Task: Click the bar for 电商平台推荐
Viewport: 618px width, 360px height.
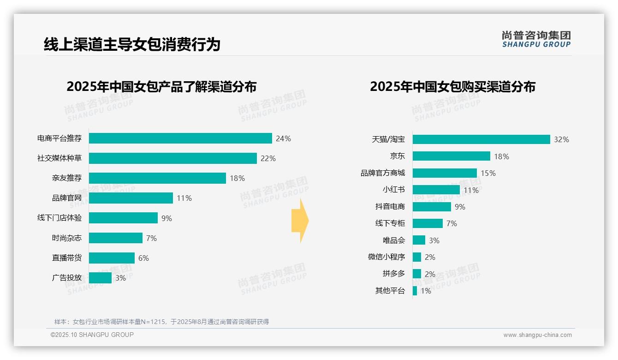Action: click(x=180, y=138)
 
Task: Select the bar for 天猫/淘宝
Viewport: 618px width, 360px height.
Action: click(x=481, y=139)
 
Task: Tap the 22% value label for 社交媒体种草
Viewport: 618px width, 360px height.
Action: click(x=268, y=158)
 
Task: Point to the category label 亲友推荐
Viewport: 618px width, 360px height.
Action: click(x=67, y=178)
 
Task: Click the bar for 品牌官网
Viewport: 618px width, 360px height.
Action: click(x=131, y=198)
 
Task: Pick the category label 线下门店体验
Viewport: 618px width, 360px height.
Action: click(x=59, y=218)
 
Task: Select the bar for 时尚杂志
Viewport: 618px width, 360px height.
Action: click(x=116, y=238)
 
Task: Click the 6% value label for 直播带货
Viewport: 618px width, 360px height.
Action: click(x=143, y=258)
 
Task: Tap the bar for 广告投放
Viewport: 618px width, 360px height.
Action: click(x=100, y=278)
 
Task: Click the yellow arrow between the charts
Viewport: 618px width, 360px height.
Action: click(x=300, y=221)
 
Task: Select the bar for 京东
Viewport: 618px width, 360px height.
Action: click(x=451, y=156)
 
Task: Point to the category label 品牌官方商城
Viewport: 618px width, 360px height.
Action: click(x=383, y=173)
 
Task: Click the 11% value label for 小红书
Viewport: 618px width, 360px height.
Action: click(x=471, y=190)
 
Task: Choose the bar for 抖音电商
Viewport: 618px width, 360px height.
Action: click(x=432, y=207)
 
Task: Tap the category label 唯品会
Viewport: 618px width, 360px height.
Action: click(x=394, y=240)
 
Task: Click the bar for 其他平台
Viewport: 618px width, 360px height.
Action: click(x=415, y=291)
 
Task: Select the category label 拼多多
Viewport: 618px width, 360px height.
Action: click(x=394, y=274)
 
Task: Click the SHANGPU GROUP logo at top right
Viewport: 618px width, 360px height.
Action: click(x=536, y=39)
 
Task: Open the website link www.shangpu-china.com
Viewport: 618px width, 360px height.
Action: click(x=537, y=335)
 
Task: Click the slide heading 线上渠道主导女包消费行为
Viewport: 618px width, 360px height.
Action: click(x=132, y=44)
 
